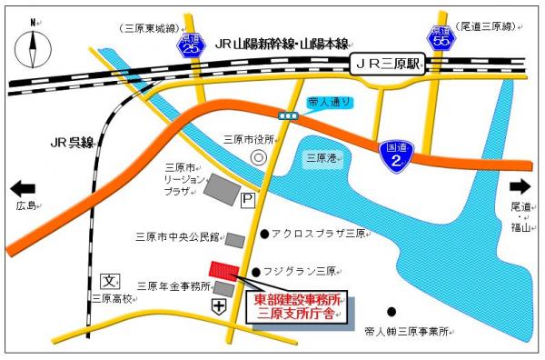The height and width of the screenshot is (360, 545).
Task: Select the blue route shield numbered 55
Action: pyautogui.click(x=440, y=38)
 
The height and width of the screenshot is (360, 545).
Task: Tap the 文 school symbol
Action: pyautogui.click(x=110, y=281)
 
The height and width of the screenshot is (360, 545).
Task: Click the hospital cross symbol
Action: pyautogui.click(x=219, y=307)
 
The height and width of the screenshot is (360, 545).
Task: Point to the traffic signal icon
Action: pyautogui.click(x=289, y=115)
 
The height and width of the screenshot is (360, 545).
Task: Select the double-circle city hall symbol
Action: pyautogui.click(x=259, y=157)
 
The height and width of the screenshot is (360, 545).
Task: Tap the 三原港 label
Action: pyautogui.click(x=322, y=157)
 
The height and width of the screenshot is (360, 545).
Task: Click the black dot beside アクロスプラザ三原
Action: pyautogui.click(x=264, y=234)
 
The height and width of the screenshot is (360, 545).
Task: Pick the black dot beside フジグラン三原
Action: pyautogui.click(x=257, y=271)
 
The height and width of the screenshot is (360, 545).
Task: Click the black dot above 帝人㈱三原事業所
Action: pyautogui.click(x=391, y=311)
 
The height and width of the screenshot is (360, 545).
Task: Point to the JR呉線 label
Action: pyautogui.click(x=71, y=143)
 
